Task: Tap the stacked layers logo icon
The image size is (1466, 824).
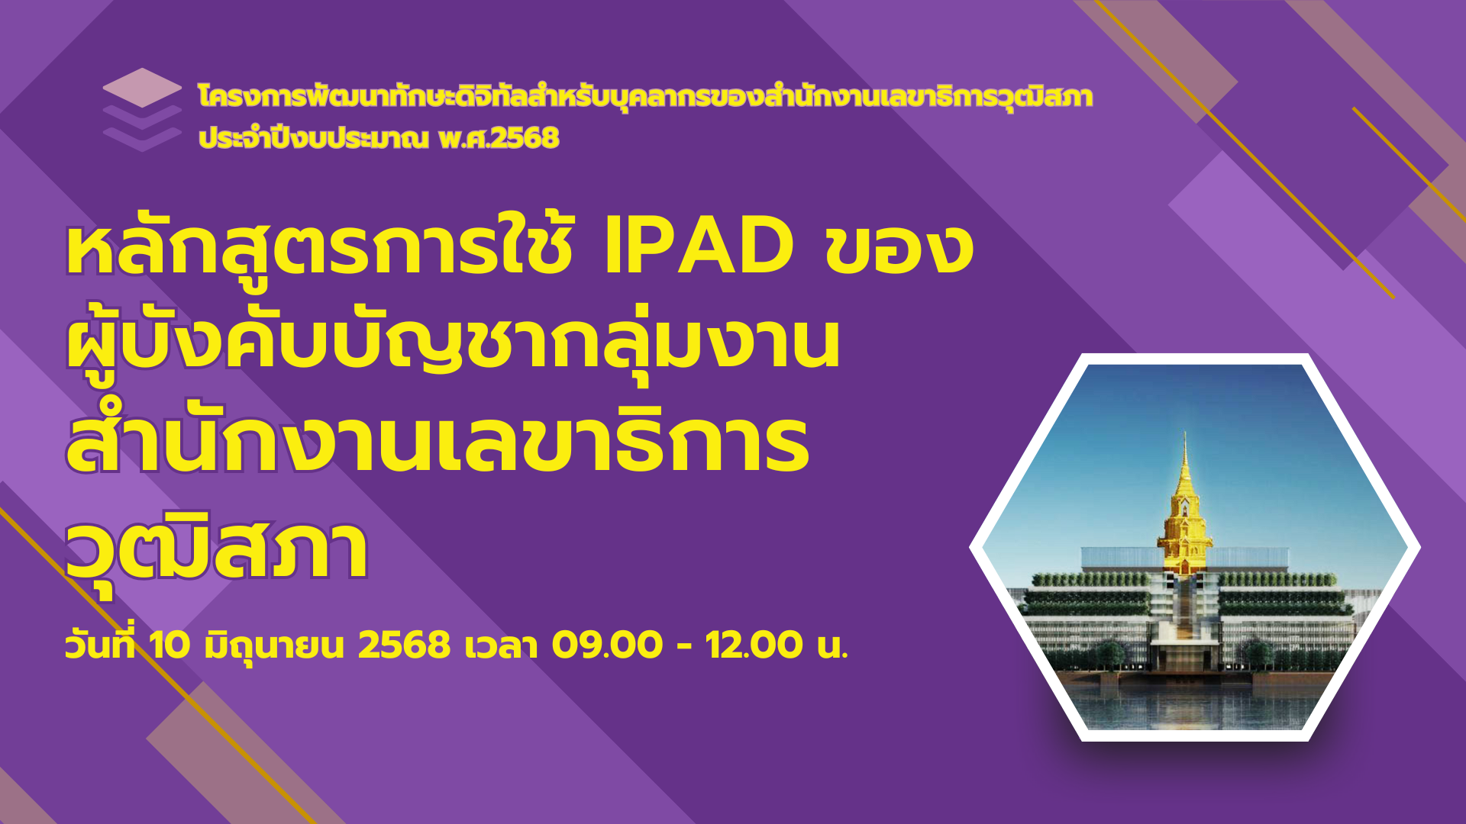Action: click(142, 109)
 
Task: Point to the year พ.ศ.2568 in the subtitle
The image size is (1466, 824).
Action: click(499, 138)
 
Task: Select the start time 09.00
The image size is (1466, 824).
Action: click(607, 645)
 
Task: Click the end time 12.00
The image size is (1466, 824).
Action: click(754, 645)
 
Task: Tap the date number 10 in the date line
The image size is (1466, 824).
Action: click(170, 645)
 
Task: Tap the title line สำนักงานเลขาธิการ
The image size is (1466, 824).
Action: click(438, 443)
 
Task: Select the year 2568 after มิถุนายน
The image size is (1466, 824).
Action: click(405, 645)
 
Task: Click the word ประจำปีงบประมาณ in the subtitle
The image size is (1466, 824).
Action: click(313, 138)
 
